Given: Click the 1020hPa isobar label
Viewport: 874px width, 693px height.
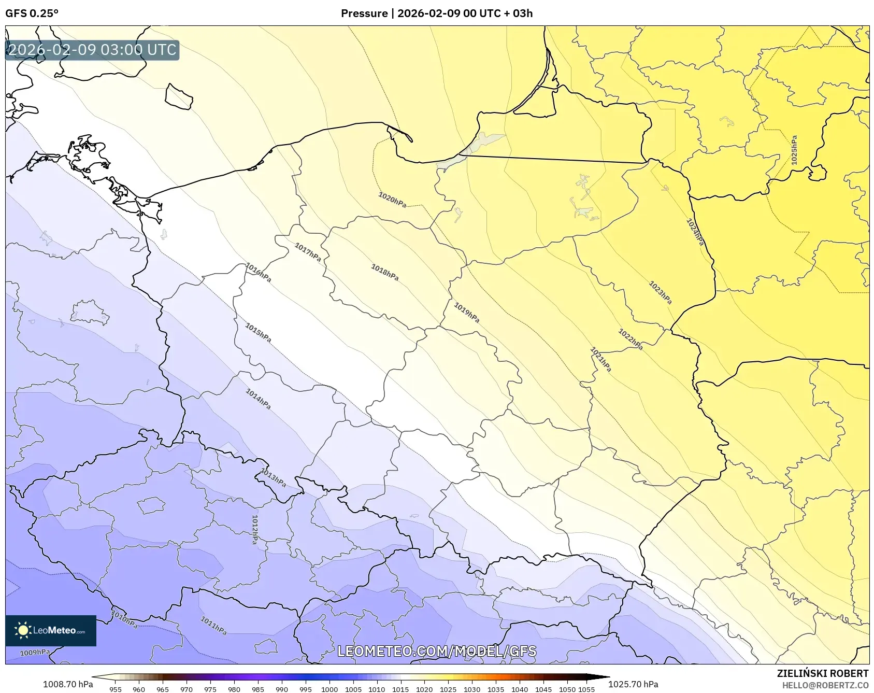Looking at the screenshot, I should (x=392, y=200).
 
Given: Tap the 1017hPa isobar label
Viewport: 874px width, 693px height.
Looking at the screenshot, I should (x=308, y=252).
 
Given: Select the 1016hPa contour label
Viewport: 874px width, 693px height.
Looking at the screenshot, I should (x=258, y=273).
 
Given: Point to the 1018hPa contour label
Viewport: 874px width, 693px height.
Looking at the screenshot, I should (x=384, y=272).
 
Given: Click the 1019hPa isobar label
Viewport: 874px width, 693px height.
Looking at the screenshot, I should (x=466, y=313).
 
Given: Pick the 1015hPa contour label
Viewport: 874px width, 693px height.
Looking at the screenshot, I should (x=258, y=333).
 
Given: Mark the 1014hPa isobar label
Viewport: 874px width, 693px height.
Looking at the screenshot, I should (x=258, y=399).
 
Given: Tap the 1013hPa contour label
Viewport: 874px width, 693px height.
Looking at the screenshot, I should (x=273, y=477).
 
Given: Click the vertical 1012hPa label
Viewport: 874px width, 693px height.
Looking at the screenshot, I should (x=254, y=529).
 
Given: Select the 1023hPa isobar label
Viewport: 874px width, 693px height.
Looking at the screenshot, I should (x=660, y=292).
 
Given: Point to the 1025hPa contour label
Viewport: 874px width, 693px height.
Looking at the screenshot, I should (x=794, y=150).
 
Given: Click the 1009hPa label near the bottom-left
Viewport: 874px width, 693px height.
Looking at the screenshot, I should (x=35, y=653).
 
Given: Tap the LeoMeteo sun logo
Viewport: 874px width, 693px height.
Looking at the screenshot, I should (x=23, y=630).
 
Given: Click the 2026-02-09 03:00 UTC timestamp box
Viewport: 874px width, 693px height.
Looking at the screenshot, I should (x=92, y=50).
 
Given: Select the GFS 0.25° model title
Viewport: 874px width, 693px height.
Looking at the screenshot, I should (x=32, y=13).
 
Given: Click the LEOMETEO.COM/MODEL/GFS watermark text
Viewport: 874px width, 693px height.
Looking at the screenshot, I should (x=437, y=651).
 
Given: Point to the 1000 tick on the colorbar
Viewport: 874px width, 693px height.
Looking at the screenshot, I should (x=329, y=689).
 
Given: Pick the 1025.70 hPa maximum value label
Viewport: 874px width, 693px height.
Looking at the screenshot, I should (x=633, y=684).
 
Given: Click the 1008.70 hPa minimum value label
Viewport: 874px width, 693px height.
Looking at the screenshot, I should (x=68, y=684).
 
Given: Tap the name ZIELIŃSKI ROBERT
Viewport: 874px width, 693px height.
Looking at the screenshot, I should (x=823, y=673).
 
